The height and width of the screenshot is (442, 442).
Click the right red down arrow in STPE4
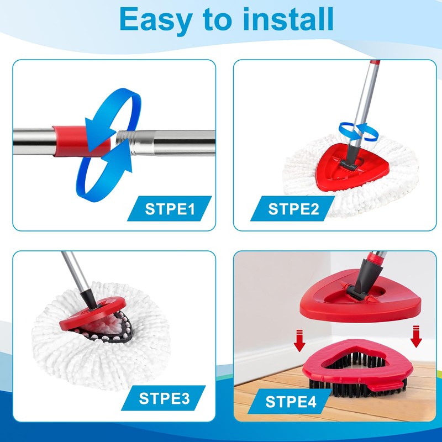415,337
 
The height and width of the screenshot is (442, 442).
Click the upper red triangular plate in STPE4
359,301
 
